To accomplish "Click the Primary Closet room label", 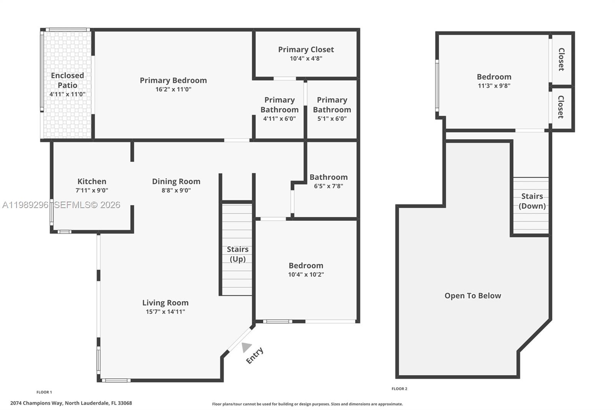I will [x=306, y=50].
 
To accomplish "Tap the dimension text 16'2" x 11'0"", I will [x=173, y=89].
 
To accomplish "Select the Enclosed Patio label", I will [x=67, y=80].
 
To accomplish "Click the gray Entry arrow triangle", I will [x=246, y=347].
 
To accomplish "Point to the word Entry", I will [x=254, y=355].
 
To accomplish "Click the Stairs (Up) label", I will [x=238, y=254].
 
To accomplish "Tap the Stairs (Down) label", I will [x=532, y=201].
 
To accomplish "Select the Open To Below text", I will [x=473, y=296].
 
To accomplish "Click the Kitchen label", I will [x=92, y=182].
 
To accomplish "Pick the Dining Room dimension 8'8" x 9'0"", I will [x=176, y=190].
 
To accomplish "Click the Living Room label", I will [x=165, y=303].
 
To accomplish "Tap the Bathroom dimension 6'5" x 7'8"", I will [x=328, y=186].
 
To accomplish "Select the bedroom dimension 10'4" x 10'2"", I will [x=306, y=275].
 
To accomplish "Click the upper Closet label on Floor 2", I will [x=561, y=59].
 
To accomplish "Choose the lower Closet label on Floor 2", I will [x=561, y=107].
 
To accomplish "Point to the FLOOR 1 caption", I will [x=44, y=392].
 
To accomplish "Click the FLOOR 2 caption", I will [x=399, y=389].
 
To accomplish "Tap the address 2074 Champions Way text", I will [x=71, y=403].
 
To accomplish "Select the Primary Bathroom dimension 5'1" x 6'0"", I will [x=332, y=119].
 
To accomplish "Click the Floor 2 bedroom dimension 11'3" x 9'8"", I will [x=494, y=86].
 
